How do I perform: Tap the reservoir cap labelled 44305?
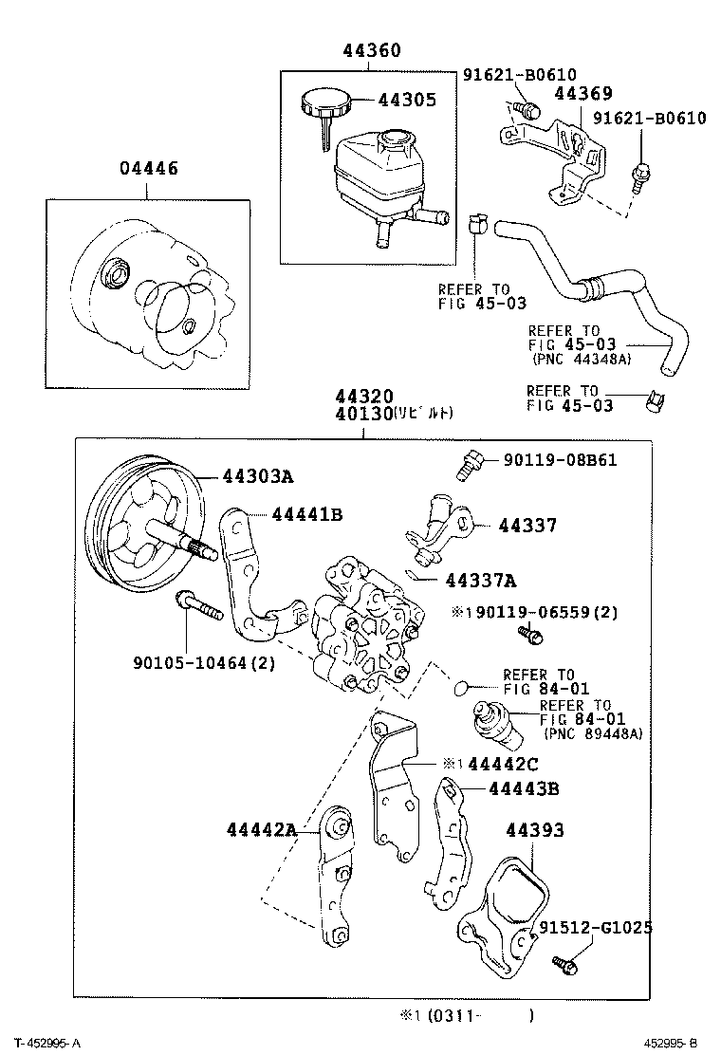pos(323,100)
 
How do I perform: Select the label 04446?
pos(148,169)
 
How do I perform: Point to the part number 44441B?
pos(306,514)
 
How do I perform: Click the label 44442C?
pos(503,764)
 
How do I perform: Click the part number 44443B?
pos(524,788)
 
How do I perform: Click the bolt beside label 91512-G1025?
pos(565,965)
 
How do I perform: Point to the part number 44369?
pos(582,93)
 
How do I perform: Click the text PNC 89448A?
pos(593,732)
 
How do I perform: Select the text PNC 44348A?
pos(580,359)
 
